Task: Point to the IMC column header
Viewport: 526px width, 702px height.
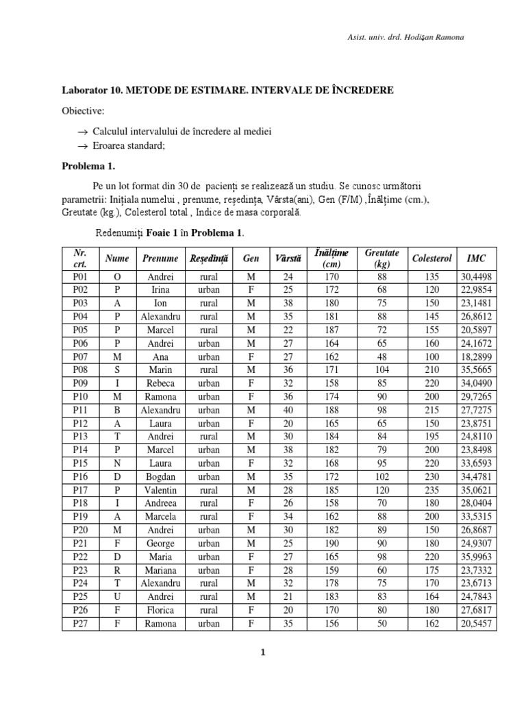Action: (x=477, y=258)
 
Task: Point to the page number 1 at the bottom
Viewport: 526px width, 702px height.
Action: (x=263, y=653)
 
